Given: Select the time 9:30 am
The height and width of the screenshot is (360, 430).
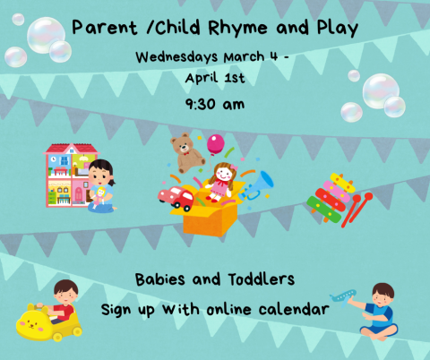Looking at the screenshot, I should point(215,104).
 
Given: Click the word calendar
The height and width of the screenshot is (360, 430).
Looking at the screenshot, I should point(296,310).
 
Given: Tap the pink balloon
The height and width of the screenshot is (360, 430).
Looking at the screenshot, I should point(216,144).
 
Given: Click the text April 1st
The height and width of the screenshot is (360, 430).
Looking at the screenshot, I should point(215,78).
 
